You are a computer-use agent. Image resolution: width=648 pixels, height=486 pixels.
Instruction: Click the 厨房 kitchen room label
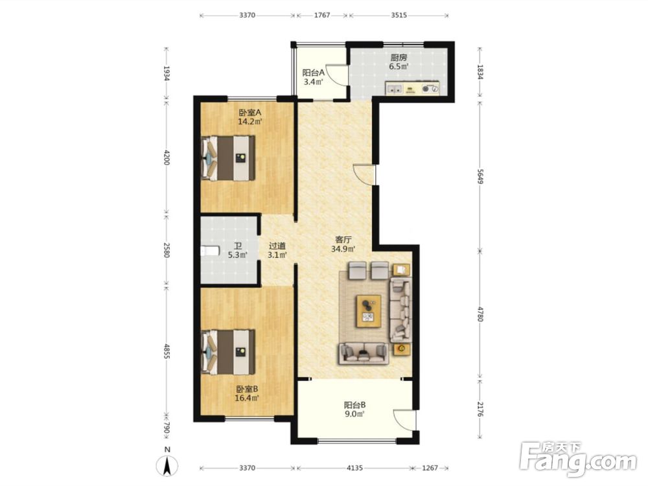click(x=399, y=62)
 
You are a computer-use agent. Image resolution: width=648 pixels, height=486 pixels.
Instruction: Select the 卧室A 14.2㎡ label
click(x=250, y=117)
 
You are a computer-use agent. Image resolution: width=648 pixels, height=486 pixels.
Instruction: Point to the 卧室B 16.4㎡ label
click(x=247, y=393)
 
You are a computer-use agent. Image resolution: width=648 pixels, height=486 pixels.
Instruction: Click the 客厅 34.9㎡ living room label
click(x=343, y=244)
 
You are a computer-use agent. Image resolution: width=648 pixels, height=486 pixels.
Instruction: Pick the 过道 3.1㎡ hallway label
click(x=277, y=250)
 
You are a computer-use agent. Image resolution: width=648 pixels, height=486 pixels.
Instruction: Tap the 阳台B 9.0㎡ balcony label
click(x=354, y=410)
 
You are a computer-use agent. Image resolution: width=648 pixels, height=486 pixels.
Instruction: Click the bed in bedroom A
click(x=227, y=158)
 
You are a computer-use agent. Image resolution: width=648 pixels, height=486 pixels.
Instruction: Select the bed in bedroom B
click(x=227, y=352)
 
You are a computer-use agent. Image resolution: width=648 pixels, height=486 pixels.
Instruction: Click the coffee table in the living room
click(x=369, y=311)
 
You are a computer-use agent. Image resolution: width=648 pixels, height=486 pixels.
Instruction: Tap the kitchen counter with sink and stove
click(x=412, y=88)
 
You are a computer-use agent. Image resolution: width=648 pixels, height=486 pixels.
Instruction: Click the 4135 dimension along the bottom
click(x=354, y=468)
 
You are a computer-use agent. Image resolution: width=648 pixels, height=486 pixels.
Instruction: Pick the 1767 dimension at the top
click(x=322, y=16)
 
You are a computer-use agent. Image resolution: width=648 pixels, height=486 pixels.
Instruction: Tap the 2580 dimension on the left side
click(x=166, y=250)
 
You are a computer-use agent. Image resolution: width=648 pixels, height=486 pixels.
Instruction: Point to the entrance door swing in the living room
click(x=364, y=174)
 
